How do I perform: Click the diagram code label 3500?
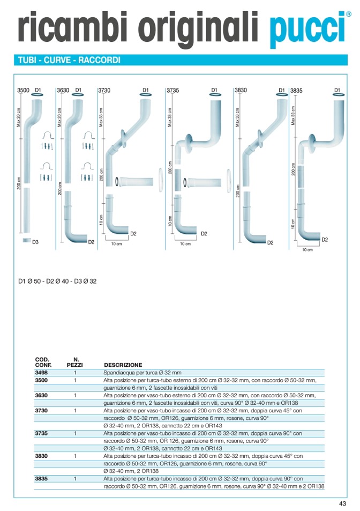tap(23, 91)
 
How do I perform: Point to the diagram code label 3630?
tap(63, 91)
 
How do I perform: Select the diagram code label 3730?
tap(104, 91)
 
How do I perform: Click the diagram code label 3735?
tap(172, 91)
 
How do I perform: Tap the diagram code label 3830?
tap(241, 91)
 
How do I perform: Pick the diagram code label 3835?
tap(296, 91)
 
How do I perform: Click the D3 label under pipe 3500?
tap(35, 242)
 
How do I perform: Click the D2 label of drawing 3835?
tap(325, 240)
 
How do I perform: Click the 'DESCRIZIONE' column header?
tap(123, 365)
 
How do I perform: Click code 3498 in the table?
tap(41, 372)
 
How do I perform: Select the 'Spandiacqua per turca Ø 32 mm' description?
tap(142, 372)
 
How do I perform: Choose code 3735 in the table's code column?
tap(41, 433)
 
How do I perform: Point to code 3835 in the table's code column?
tap(41, 478)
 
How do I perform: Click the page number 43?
tap(342, 503)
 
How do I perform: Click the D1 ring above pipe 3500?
tap(38, 95)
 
